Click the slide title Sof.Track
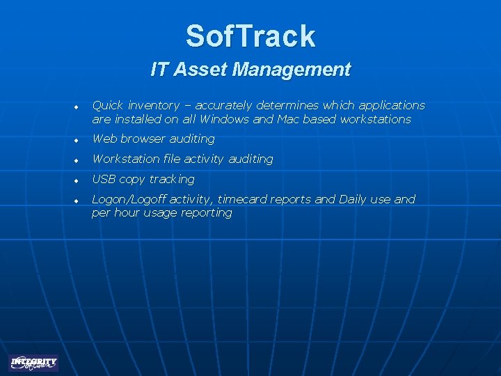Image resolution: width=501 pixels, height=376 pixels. click(x=250, y=36)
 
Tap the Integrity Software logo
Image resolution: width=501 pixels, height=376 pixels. click(x=33, y=363)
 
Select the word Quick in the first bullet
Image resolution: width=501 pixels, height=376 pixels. click(x=107, y=106)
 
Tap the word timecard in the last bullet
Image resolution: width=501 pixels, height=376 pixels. click(x=244, y=199)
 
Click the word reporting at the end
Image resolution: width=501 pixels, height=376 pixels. click(x=207, y=213)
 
